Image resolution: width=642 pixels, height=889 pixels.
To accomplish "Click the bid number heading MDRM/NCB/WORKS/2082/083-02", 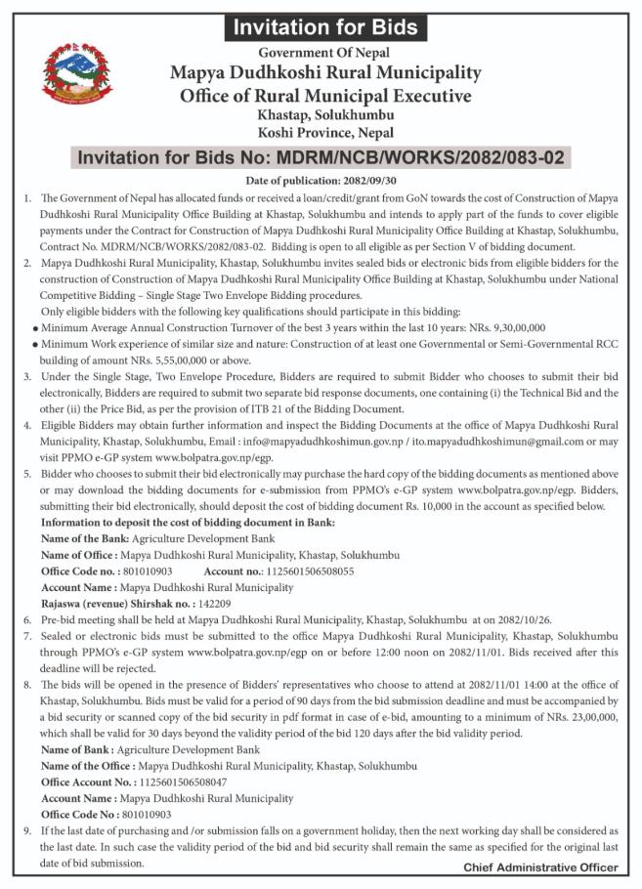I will (x=321, y=156).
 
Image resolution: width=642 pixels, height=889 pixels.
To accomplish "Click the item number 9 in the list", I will (x=26, y=828).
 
